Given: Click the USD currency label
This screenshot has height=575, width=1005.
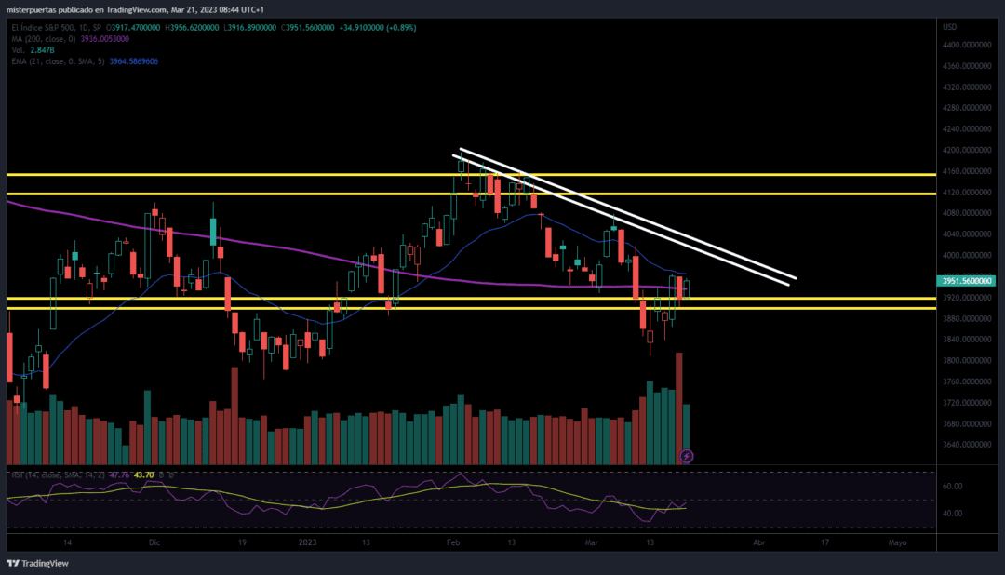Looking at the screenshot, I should point(949,27).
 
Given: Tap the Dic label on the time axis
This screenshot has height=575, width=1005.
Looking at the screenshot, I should point(154,542).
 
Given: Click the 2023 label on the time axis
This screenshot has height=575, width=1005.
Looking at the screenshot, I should point(307,542).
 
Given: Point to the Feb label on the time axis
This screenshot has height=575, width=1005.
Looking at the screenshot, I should point(453,542).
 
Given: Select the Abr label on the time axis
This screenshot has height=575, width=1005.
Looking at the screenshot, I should point(758,542).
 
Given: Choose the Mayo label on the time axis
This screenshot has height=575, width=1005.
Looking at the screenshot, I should point(896,542).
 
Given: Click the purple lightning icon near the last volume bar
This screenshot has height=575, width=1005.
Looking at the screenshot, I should point(687,456).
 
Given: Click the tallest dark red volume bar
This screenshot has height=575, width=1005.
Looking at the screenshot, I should point(679,409).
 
